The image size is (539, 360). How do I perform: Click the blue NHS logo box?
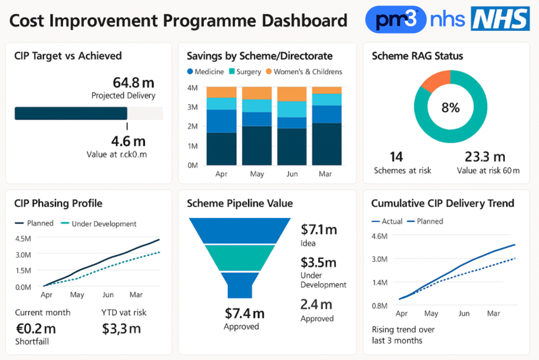(x=500, y=19)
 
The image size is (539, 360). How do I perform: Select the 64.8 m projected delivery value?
(x=134, y=83)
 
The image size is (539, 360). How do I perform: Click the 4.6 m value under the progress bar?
(x=129, y=141)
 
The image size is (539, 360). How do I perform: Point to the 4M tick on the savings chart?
(x=193, y=88)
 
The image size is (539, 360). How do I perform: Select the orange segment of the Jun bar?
(x=292, y=94)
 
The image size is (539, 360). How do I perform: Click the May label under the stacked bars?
(x=257, y=174)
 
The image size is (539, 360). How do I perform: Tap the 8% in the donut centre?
(x=450, y=108)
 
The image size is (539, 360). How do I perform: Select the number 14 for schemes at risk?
(x=396, y=157)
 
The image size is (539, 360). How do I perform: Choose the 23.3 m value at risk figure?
(x=485, y=157)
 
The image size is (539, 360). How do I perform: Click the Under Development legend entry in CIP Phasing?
(x=99, y=224)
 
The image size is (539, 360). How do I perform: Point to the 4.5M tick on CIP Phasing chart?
(x=23, y=239)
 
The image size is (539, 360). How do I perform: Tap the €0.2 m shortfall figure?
(x=35, y=329)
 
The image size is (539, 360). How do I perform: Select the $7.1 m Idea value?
(x=318, y=229)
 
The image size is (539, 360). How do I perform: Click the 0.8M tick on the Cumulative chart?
(x=380, y=305)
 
